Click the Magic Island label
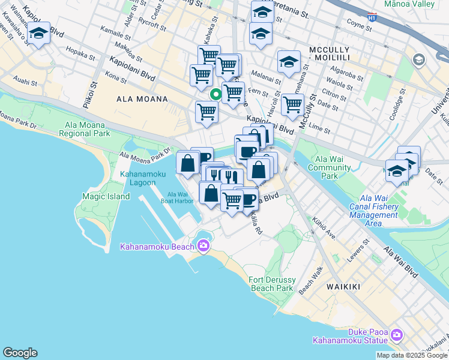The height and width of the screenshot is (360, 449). coord(106,196)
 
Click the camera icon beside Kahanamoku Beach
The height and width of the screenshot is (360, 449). coord(203,245)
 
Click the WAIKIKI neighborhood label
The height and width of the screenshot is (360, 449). coord(343,287)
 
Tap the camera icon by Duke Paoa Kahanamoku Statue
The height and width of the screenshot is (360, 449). coord(397,334)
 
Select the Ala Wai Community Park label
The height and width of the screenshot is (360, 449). coord(329,168)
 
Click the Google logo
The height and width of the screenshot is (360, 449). coord(20,353)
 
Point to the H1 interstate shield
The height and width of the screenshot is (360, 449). coord(373,18)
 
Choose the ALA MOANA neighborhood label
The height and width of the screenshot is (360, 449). coord(142,98)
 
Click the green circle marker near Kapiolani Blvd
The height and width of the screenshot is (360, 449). coord(215,95)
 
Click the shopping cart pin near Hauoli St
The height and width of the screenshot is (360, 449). coord(292,104)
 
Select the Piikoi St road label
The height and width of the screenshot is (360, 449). coord(94,93)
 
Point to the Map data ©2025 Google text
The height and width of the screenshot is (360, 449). coord(412,355)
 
